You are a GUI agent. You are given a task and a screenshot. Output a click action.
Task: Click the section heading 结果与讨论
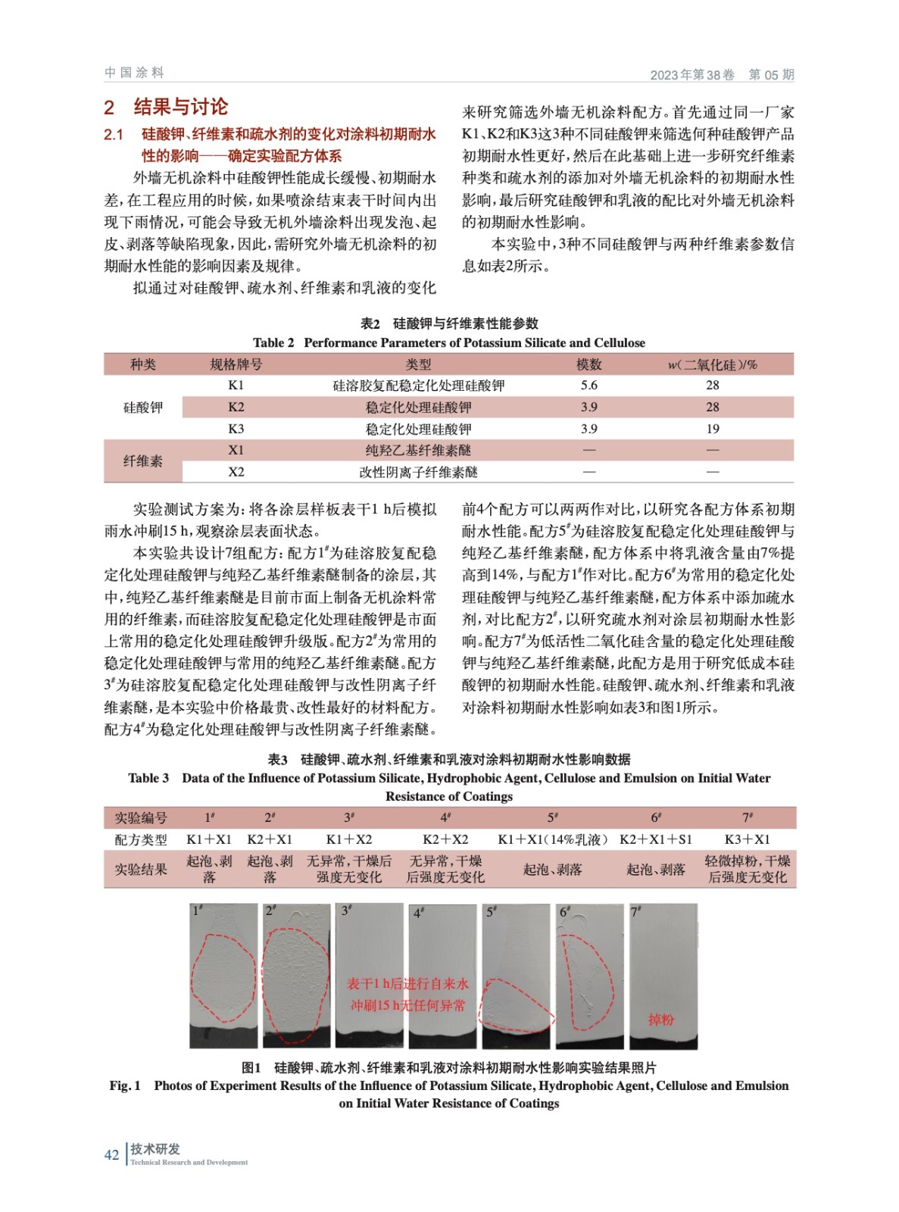180,107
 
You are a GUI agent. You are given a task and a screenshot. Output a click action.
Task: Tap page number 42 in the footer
111,1154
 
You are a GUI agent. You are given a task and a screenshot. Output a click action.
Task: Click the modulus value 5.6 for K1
588,386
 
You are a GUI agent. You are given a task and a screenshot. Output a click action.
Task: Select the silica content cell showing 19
712,429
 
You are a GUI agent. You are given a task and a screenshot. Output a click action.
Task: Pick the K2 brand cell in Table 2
236,408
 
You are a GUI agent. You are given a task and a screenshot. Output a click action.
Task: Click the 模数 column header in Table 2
588,364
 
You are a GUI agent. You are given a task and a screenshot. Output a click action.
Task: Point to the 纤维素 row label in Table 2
142,461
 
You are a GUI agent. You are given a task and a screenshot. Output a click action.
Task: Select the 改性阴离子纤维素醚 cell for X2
418,472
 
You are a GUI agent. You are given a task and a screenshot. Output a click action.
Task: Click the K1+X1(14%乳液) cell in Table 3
552,839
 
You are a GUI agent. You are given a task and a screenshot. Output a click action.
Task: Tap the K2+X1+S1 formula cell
655,839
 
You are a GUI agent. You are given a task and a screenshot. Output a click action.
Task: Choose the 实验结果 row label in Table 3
141,869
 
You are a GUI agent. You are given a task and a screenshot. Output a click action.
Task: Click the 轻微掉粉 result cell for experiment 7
747,869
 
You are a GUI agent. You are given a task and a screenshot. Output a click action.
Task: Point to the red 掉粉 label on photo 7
660,1020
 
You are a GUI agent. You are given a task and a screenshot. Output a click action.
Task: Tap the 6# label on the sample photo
565,911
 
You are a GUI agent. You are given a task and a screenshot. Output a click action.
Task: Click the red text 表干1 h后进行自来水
407,984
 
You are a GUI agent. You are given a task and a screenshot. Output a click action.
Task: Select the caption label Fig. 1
125,1085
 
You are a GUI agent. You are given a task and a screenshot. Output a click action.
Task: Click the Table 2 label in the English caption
273,342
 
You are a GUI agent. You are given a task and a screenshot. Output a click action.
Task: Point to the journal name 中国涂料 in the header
134,73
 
